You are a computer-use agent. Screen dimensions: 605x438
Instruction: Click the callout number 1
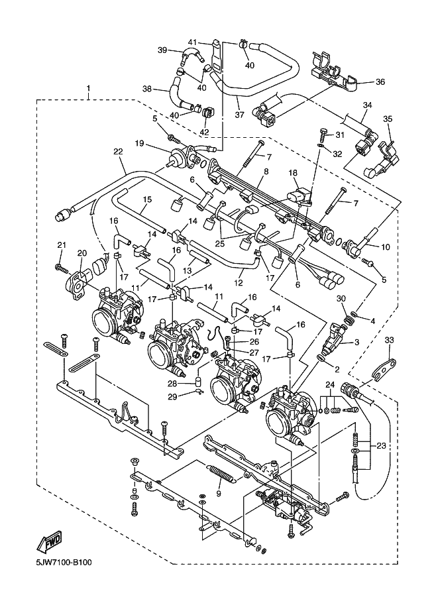point(89,88)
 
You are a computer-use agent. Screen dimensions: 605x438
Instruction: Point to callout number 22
point(118,152)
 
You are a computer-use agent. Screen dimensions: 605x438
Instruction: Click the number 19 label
point(140,143)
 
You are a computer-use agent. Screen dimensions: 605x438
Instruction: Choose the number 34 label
point(367,105)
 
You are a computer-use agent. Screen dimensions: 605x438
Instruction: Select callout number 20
point(82,252)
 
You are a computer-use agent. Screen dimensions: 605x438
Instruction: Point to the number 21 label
point(61,246)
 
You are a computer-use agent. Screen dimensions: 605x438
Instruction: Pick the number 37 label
point(240,114)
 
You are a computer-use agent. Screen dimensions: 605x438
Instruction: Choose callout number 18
point(294,172)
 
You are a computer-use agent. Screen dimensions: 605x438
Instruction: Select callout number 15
point(146,199)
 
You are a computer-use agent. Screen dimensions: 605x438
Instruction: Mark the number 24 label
point(329,385)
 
